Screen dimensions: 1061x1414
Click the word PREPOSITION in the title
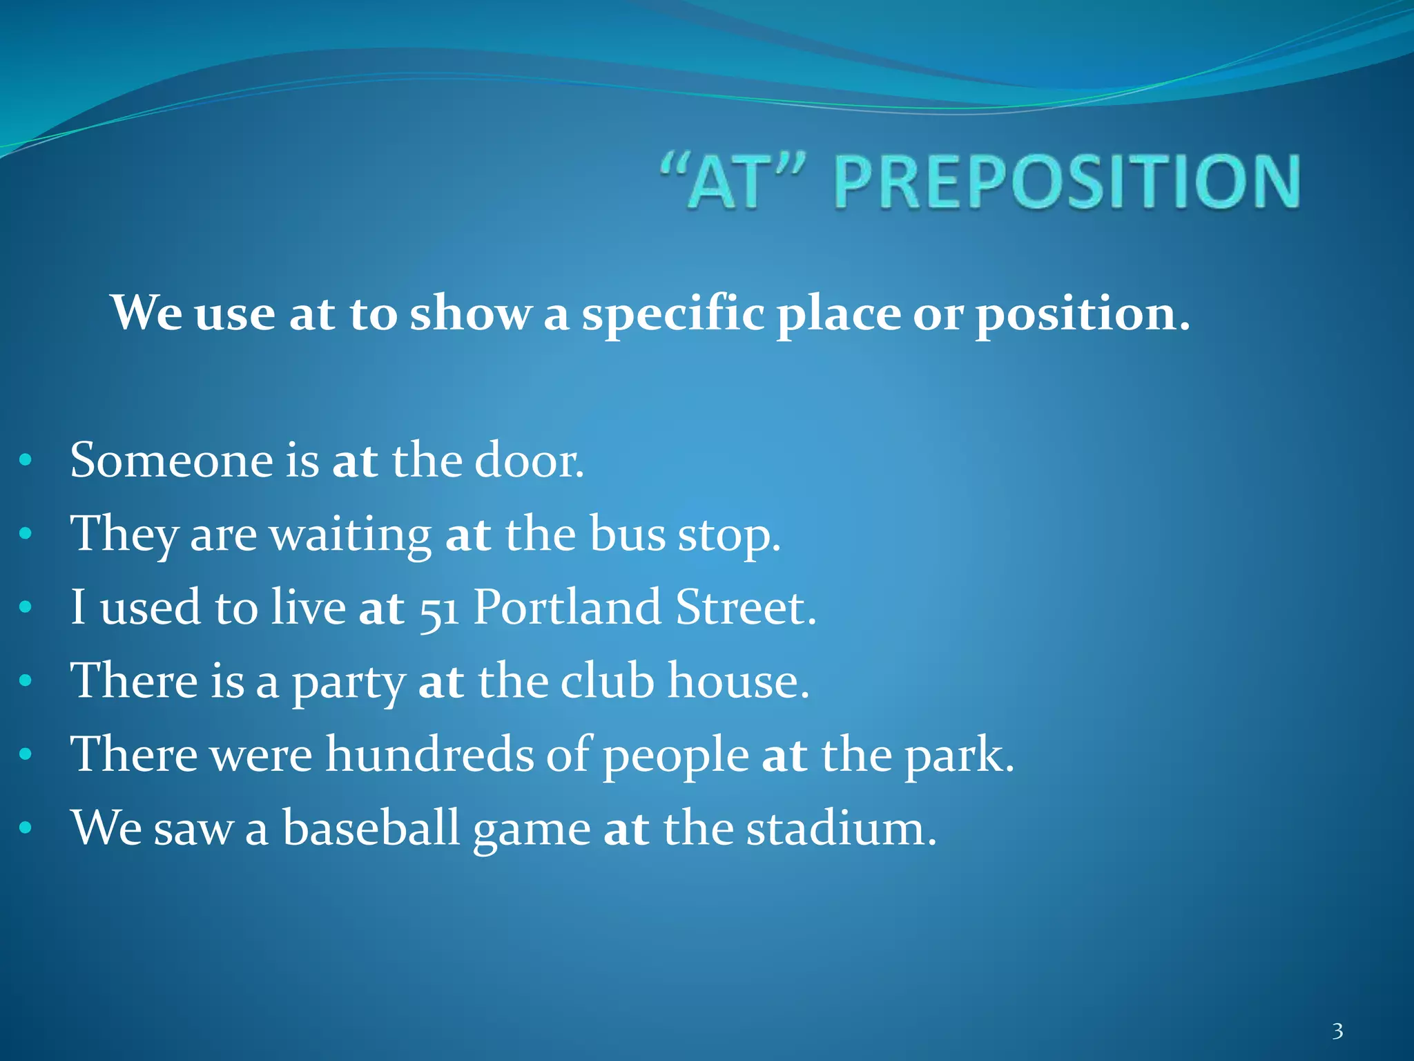[1067, 181]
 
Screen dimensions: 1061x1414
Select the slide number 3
[1337, 1031]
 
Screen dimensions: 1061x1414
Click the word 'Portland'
[567, 607]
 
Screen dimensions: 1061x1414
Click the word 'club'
[607, 681]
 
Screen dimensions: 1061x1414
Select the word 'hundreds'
[429, 754]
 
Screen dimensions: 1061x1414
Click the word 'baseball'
[371, 828]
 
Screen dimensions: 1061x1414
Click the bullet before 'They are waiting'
[26, 534]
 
